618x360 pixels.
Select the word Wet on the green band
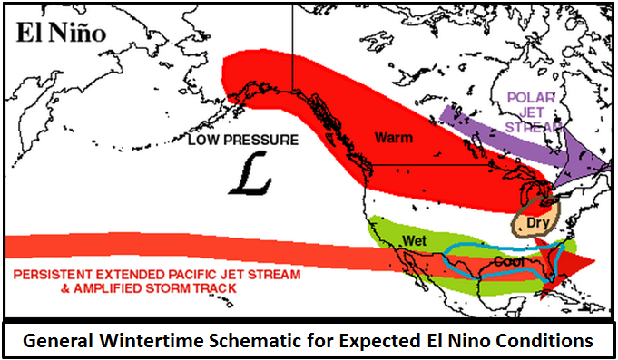click(415, 239)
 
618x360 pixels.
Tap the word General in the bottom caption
click(56, 341)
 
